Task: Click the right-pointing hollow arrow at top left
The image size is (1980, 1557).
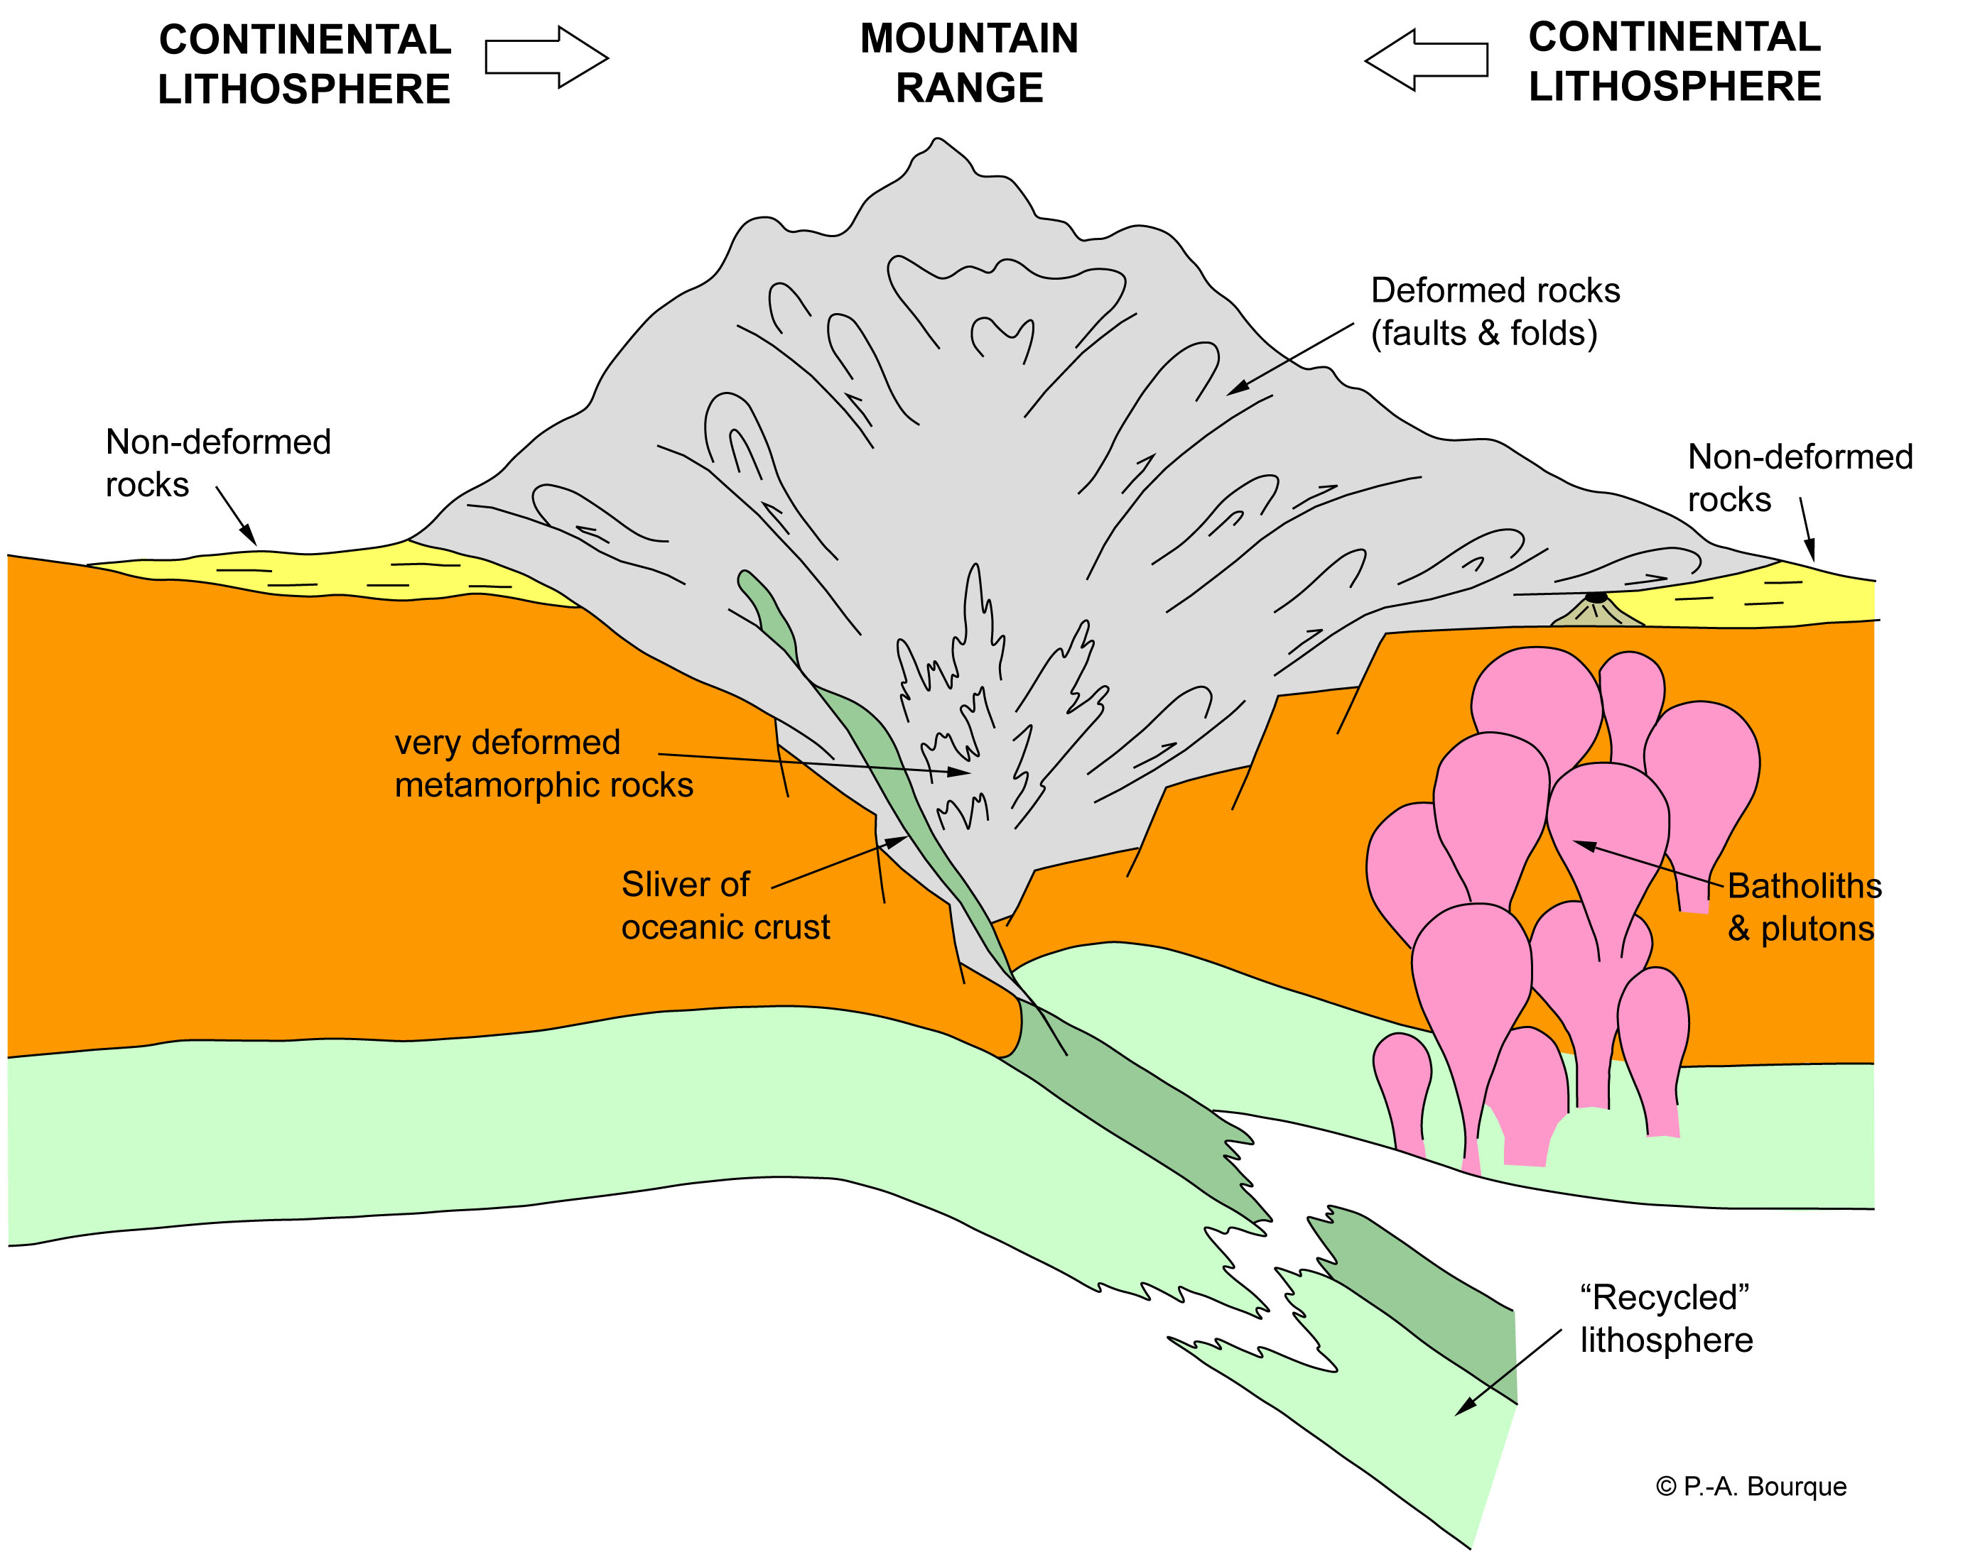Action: [x=546, y=57]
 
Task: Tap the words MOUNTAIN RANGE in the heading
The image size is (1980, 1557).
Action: [x=968, y=63]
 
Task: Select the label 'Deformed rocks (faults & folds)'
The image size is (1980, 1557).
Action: [x=1494, y=312]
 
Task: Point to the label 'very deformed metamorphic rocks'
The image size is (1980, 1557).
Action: [x=543, y=764]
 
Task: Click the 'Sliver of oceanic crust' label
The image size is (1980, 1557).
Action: [x=725, y=905]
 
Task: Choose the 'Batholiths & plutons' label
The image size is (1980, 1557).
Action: [x=1803, y=907]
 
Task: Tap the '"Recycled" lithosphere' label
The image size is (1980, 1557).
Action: [x=1666, y=1318]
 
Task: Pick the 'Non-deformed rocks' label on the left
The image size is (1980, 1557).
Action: [x=218, y=463]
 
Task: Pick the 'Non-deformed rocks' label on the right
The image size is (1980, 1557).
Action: [x=1800, y=478]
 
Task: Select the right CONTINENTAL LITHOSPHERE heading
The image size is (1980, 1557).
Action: [x=1675, y=62]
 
